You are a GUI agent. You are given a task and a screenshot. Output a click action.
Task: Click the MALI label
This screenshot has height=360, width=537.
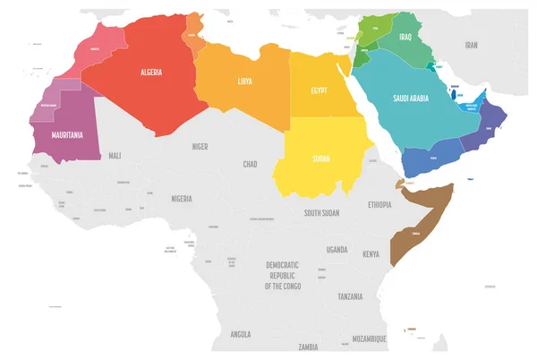point(115,156)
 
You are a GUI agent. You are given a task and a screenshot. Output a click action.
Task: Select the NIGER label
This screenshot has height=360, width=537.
point(200,145)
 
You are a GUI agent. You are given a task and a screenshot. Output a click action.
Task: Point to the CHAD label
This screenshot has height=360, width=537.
point(251,165)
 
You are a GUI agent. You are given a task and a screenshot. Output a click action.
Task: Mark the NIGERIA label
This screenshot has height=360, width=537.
point(182,199)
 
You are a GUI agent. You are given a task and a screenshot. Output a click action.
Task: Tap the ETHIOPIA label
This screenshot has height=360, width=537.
point(379,205)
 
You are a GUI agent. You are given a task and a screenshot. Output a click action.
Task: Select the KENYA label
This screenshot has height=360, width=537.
point(371,255)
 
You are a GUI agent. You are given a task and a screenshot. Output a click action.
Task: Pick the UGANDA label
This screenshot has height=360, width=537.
point(337,249)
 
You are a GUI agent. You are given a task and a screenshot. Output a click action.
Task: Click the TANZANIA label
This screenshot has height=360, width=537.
point(350,296)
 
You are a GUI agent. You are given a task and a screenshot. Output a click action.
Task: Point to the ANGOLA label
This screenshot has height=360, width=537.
point(240,334)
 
